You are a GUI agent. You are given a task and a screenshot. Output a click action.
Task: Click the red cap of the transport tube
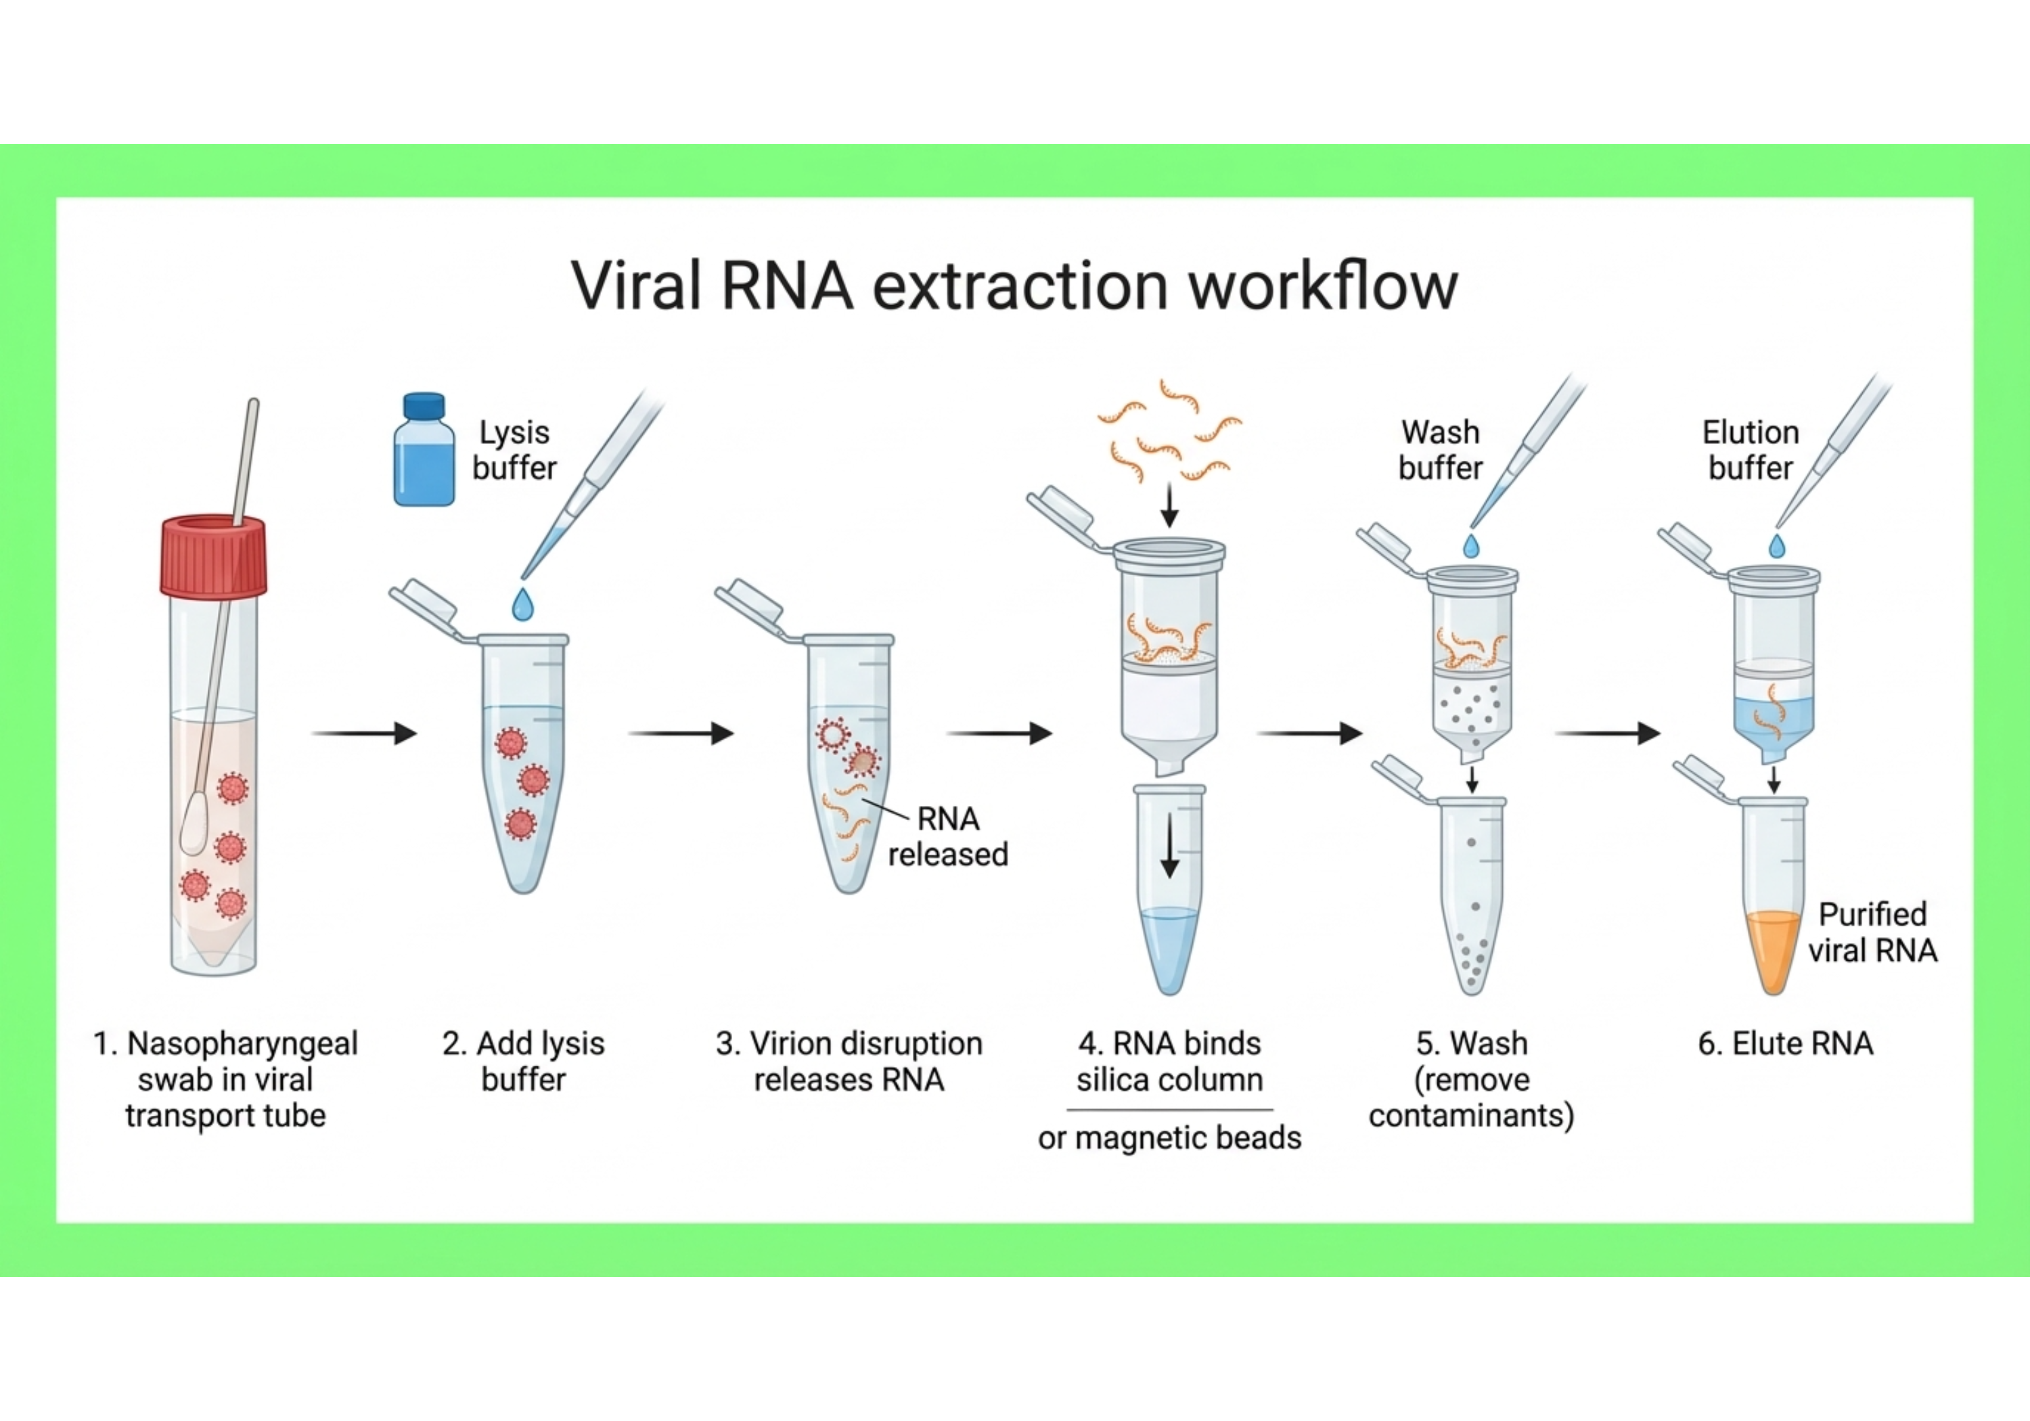point(213,557)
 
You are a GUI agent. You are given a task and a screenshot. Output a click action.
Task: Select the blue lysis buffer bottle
point(424,451)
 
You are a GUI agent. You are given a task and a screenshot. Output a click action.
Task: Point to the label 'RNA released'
point(948,836)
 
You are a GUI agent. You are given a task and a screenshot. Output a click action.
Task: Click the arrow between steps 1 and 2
point(363,733)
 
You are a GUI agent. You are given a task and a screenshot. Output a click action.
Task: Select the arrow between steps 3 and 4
point(999,733)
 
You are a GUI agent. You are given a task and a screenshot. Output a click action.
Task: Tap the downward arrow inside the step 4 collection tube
point(1170,845)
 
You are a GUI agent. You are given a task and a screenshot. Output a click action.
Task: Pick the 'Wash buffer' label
point(1440,450)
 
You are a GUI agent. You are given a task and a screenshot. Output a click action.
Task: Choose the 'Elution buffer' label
point(1751,450)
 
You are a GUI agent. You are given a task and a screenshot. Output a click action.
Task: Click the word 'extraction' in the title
point(1022,286)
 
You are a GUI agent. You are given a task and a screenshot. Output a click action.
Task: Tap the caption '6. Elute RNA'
point(1785,1043)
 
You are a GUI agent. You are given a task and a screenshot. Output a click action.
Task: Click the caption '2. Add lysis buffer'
point(524,1061)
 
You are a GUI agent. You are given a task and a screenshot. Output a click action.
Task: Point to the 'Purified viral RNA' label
point(1872,932)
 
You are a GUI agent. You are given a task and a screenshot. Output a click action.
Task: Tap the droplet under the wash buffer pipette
point(1471,545)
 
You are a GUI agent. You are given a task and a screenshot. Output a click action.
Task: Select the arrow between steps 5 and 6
point(1606,733)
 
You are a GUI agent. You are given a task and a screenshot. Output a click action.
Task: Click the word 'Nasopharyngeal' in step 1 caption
point(242,1043)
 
